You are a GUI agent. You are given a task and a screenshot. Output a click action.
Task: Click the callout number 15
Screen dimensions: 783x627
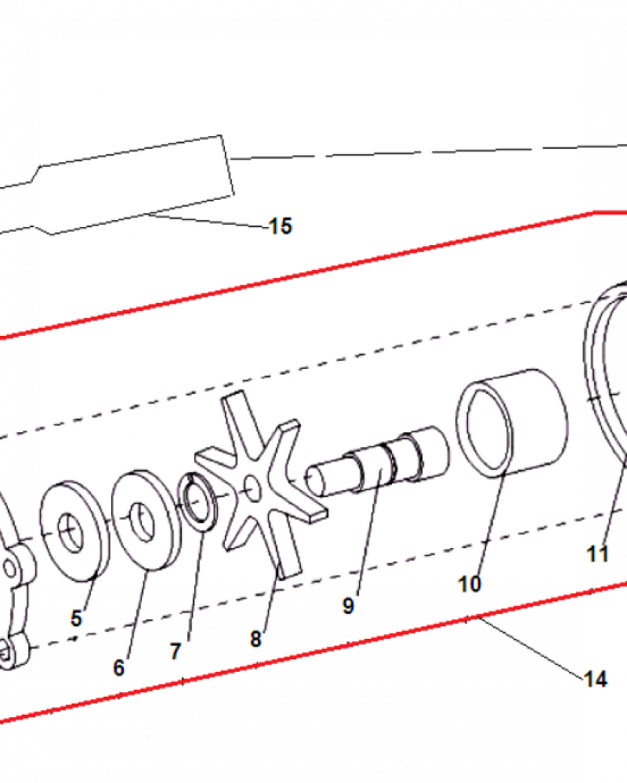click(280, 227)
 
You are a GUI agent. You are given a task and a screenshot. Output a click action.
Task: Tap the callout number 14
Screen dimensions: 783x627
click(596, 679)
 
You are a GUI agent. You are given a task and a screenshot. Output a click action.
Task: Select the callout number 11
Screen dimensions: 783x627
click(598, 554)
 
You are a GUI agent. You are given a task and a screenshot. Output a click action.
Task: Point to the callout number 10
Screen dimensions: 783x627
click(470, 584)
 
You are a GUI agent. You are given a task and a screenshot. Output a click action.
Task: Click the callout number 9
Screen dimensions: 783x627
click(348, 605)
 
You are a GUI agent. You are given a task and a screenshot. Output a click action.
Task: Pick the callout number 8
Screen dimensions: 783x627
click(256, 639)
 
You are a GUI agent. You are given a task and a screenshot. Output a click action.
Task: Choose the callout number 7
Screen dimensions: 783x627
click(175, 651)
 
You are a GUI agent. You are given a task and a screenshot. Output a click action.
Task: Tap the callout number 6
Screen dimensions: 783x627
click(118, 668)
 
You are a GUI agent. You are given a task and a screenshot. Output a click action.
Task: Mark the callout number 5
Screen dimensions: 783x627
click(76, 619)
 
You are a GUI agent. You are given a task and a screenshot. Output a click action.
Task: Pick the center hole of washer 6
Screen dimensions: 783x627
click(139, 518)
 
